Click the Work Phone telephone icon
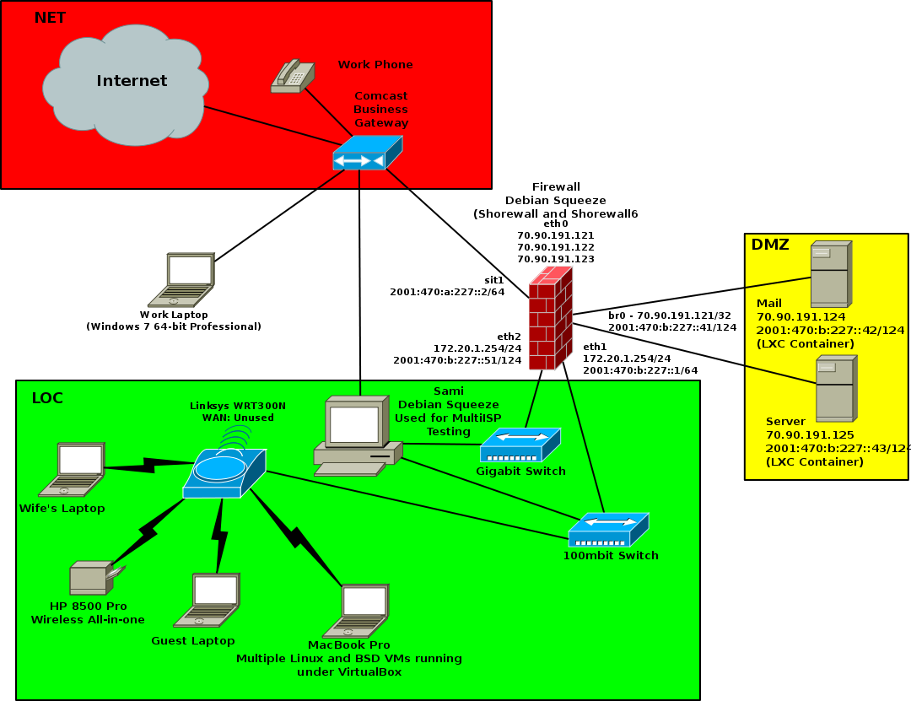point(293,75)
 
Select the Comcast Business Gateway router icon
point(367,154)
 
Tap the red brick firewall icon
point(551,318)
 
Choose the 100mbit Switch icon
point(608,530)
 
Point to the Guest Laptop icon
point(208,600)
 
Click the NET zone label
point(50,18)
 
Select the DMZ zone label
point(770,245)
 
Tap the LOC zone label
point(47,397)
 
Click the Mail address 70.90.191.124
point(801,316)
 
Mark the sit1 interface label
point(493,278)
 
